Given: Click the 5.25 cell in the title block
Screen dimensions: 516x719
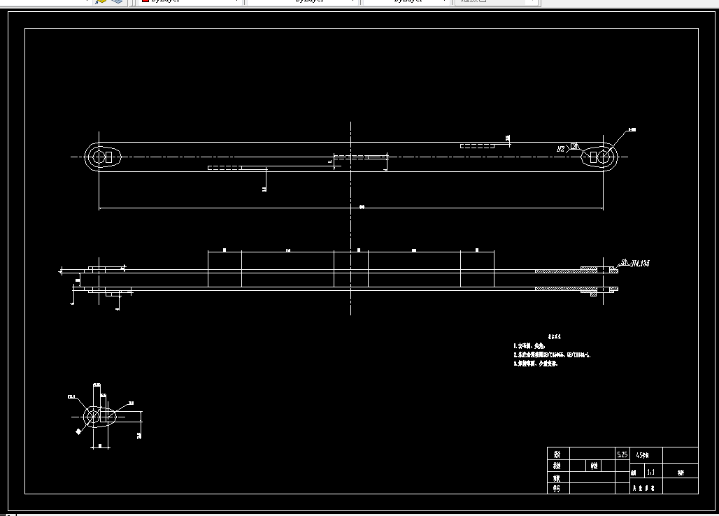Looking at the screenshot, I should click(622, 454).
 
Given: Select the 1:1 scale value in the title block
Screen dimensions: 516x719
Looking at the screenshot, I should click(651, 472).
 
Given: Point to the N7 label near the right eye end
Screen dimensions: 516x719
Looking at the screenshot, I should click(561, 149).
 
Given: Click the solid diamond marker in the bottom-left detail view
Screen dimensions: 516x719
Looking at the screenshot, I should click(78, 432).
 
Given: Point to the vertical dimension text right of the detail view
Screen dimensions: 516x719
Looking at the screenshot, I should click(140, 435).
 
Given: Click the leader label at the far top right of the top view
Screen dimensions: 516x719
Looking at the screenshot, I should click(632, 130).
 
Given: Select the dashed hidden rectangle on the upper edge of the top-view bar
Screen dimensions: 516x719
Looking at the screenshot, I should click(477, 145).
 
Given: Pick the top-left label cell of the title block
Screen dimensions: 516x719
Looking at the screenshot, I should click(557, 453).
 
